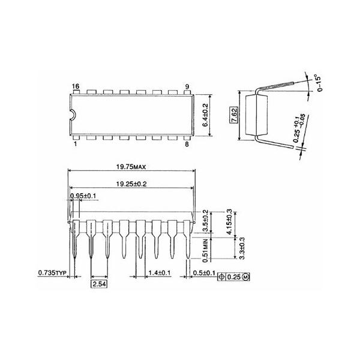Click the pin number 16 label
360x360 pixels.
[75, 87]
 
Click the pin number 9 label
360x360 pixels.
[187, 87]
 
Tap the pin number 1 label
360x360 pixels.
[75, 144]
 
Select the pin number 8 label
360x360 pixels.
[187, 144]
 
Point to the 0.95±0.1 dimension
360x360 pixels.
[83, 196]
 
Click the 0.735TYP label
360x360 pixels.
[52, 272]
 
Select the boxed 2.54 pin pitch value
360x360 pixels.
[99, 283]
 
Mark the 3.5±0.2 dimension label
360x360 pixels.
[205, 221]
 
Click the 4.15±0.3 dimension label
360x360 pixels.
[229, 222]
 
